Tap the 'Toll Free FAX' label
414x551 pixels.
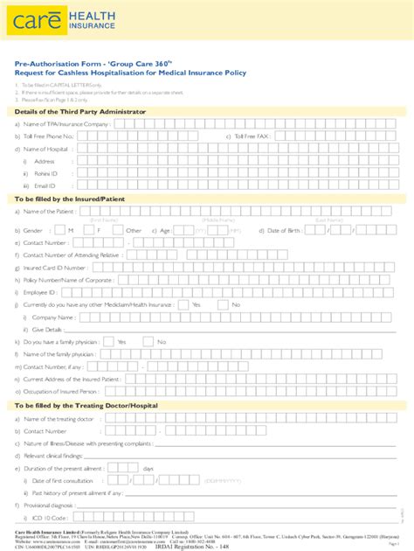[253, 136]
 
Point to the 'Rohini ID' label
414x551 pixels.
[45, 173]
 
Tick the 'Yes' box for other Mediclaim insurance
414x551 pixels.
[183, 304]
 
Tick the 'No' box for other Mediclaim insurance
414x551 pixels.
[222, 304]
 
